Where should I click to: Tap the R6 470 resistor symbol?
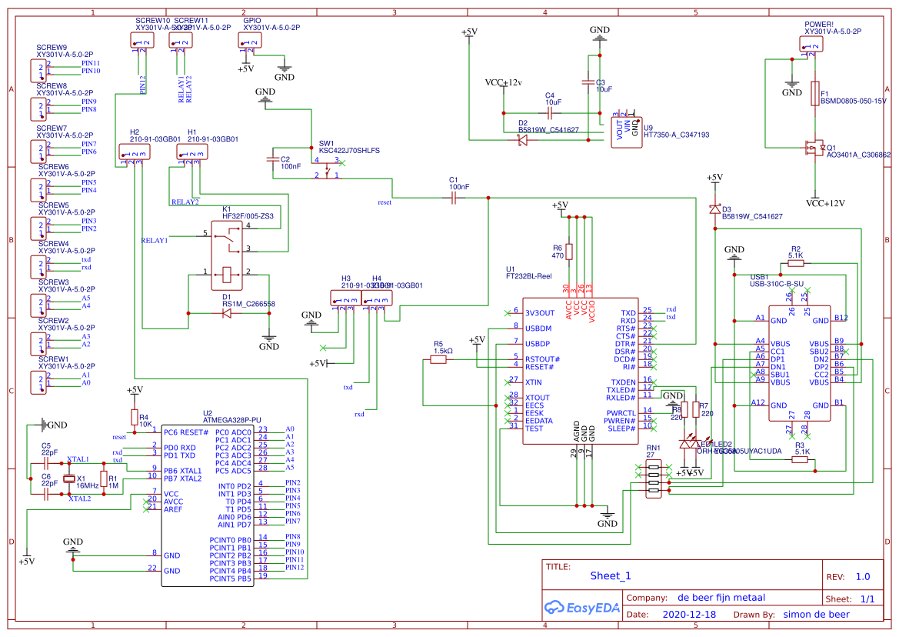[568, 252]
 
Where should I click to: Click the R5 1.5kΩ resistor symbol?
[438, 359]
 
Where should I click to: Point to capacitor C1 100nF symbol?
[454, 198]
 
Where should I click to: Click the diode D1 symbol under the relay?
[227, 313]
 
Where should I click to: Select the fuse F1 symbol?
[814, 94]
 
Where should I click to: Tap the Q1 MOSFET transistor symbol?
[811, 147]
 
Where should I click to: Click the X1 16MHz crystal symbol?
[69, 479]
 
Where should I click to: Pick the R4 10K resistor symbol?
[135, 419]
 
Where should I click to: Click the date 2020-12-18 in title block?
[688, 615]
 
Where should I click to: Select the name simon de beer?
[816, 615]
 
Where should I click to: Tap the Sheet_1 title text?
[610, 575]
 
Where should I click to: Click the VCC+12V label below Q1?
[825, 204]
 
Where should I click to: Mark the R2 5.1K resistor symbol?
[795, 264]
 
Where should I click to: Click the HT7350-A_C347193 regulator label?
[676, 135]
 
